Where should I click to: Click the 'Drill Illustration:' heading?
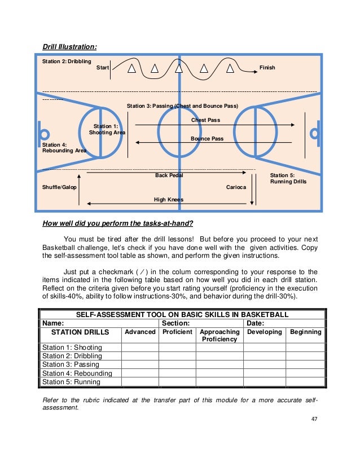(69, 46)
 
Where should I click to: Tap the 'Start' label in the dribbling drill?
(103, 68)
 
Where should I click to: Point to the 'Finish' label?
(267, 68)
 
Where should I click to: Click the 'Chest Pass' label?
(205, 120)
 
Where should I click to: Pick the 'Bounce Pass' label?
(207, 138)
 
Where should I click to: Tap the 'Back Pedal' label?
(169, 175)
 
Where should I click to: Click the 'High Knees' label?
(168, 200)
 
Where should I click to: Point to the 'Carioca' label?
(236, 187)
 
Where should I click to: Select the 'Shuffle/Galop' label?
(59, 187)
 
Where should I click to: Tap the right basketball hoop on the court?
(315, 133)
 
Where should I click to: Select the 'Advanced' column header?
(140, 332)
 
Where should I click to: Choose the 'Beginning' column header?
(305, 332)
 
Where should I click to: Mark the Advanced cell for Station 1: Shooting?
(140, 348)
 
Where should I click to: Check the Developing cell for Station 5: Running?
(264, 381)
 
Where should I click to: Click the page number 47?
(314, 420)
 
